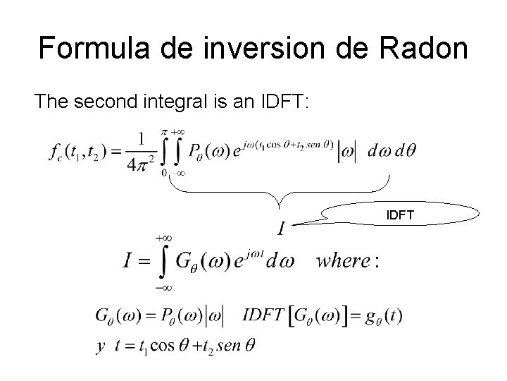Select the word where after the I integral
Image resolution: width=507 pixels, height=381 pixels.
coord(343,261)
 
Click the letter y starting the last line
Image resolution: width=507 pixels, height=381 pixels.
coord(99,346)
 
